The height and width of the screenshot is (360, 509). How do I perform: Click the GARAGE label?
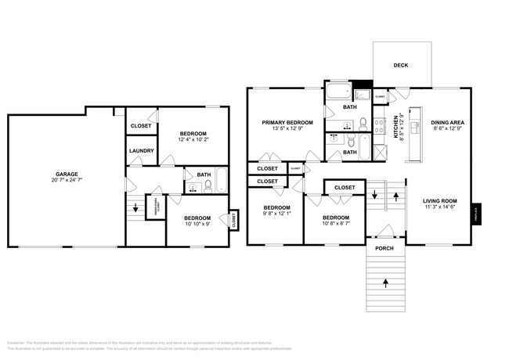coord(66,174)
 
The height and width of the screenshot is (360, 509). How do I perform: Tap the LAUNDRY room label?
coord(141,151)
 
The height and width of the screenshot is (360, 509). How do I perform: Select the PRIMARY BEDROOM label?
coord(287,123)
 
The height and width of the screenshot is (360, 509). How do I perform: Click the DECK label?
coord(401,66)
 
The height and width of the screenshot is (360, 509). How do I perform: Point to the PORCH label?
coord(384,249)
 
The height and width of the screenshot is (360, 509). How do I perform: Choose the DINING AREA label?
coord(448,123)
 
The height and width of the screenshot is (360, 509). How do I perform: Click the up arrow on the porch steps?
coord(384,280)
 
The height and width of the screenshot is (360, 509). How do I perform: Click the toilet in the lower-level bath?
coord(208,185)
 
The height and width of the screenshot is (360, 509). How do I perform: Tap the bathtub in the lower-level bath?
coord(222,181)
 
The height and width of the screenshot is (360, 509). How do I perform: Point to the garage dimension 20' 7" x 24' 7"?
coord(66,180)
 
